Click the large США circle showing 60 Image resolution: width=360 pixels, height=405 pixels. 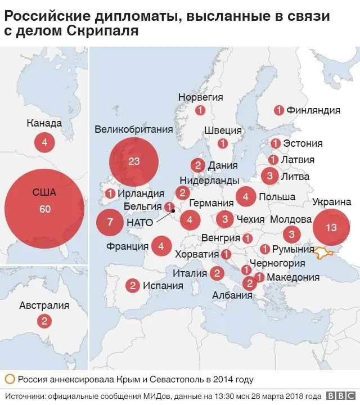click(x=44, y=209)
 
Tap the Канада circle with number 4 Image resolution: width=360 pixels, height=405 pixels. click(x=44, y=142)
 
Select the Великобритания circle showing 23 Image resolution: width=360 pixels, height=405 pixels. click(x=133, y=162)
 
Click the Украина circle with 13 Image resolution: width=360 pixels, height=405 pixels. click(x=331, y=228)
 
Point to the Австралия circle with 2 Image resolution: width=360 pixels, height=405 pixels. click(x=44, y=321)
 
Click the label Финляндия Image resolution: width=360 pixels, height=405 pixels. click(x=313, y=110)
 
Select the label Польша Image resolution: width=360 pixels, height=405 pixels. click(x=277, y=197)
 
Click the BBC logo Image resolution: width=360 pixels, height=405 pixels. click(x=341, y=395)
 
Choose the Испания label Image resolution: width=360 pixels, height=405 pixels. click(x=163, y=286)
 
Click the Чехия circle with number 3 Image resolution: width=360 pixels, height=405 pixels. click(x=225, y=219)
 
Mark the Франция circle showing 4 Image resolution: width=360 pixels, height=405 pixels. click(x=161, y=246)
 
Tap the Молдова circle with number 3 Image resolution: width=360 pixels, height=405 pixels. click(x=291, y=234)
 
